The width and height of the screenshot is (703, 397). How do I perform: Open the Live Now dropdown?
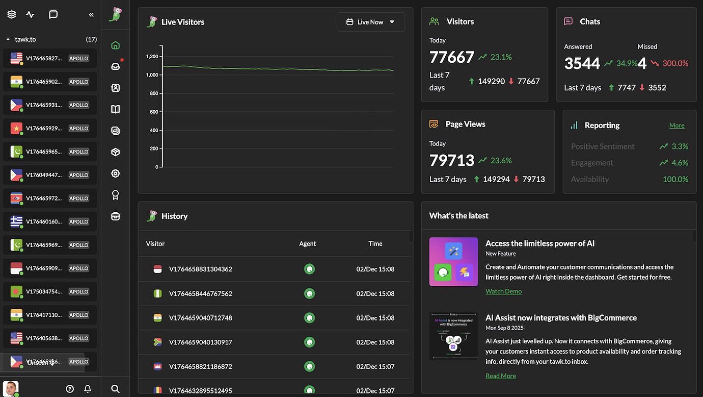coord(371,22)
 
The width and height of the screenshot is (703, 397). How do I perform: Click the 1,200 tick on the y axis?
coord(151,57)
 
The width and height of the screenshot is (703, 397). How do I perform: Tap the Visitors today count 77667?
coord(452,57)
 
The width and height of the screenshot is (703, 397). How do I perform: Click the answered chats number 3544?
coord(582,63)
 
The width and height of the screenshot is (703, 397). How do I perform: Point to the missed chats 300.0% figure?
coord(675,63)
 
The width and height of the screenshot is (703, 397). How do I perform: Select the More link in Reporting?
coord(677,126)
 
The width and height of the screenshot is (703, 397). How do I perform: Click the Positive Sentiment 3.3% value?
coord(680,146)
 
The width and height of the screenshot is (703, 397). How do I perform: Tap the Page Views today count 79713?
coord(452,160)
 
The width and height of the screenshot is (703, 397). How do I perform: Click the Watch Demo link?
coord(503,291)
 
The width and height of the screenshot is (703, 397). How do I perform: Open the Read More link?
coord(500,376)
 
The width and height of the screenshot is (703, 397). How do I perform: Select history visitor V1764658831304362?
coord(200,269)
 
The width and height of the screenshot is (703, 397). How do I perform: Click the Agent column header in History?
coord(308,244)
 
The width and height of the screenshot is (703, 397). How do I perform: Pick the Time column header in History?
coord(375,244)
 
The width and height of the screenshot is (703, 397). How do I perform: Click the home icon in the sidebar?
coord(116,45)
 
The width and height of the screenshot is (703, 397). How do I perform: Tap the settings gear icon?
coord(116,173)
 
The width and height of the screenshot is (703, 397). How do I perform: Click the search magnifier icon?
coord(116,389)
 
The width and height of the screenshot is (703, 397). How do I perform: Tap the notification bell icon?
coord(88,389)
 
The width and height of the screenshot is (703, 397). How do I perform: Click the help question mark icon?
coord(70,389)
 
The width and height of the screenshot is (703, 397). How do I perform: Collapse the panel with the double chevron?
coord(91,15)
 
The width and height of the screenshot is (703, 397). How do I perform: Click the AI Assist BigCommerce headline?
coord(561,318)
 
